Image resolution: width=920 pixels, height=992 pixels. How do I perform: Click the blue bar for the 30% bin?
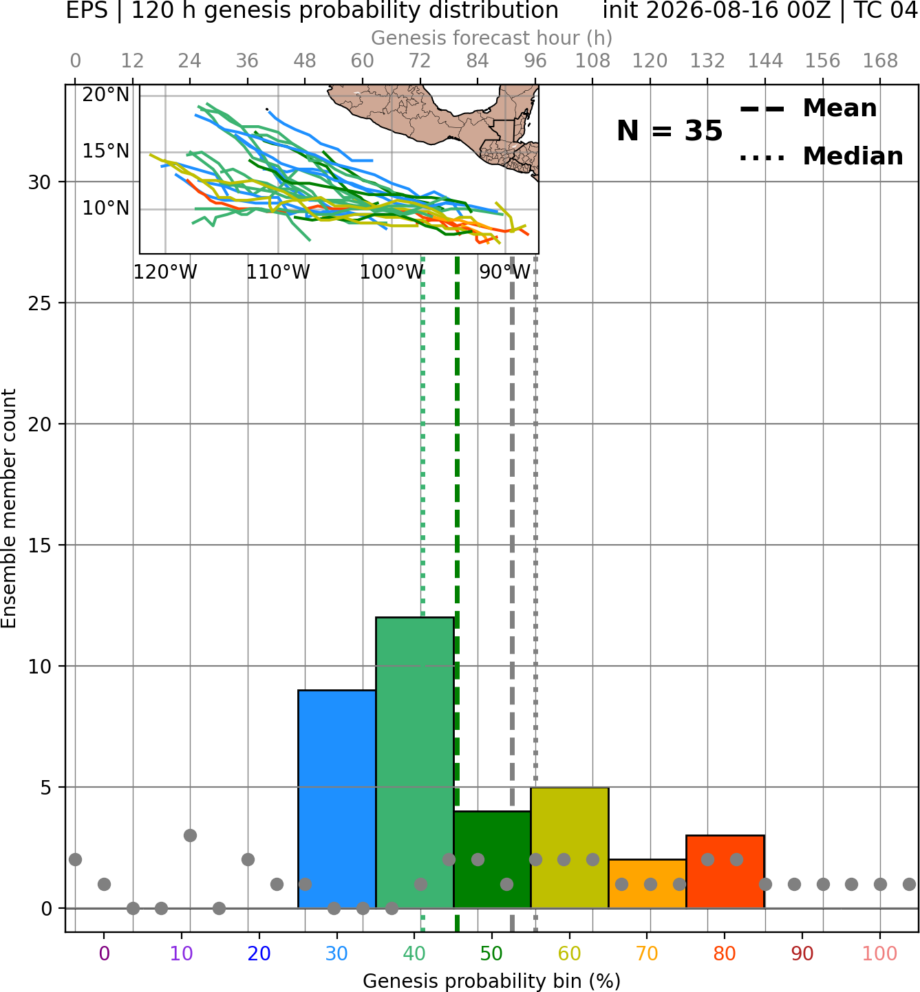tap(336, 799)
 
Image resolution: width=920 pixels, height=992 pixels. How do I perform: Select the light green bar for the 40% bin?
tap(415, 763)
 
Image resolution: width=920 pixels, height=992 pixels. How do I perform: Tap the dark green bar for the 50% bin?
tap(492, 860)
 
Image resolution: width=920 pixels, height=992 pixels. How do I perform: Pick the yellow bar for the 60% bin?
tap(570, 848)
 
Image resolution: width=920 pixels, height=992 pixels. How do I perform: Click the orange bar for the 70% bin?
tap(648, 883)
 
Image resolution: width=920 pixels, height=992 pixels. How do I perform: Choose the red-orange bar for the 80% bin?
tap(725, 872)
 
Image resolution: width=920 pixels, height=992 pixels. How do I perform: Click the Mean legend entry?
tap(808, 109)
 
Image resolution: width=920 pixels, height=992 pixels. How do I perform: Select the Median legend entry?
tap(821, 156)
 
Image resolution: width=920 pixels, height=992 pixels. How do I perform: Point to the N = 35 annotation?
tap(670, 131)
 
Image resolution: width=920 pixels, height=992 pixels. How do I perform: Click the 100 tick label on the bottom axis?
tap(879, 953)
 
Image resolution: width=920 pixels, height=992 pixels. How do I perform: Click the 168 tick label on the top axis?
tap(880, 61)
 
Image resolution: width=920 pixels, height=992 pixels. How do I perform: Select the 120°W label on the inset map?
tap(165, 272)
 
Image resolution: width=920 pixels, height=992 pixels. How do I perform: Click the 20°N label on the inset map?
tap(106, 94)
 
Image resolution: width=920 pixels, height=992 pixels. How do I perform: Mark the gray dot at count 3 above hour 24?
tap(190, 835)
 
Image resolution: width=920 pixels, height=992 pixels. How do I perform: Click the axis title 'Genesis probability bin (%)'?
tap(492, 980)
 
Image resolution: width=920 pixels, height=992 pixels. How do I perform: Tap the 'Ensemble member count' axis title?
tap(9, 508)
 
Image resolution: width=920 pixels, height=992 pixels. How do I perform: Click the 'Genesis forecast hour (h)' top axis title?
tap(492, 38)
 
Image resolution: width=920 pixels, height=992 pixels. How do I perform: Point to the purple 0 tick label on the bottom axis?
tap(104, 953)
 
